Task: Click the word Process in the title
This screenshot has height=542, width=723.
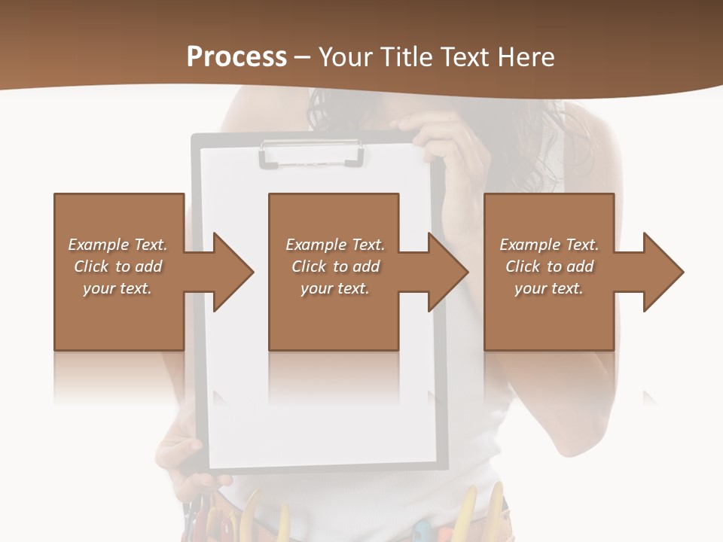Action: [236, 56]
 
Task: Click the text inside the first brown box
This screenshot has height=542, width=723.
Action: [117, 266]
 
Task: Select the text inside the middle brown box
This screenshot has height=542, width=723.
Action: [335, 266]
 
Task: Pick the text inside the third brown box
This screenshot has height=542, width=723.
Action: [549, 266]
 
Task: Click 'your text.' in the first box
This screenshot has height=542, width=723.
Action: [117, 288]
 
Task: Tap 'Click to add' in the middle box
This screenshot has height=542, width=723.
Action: [335, 266]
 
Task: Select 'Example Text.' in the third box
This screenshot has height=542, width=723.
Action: [549, 245]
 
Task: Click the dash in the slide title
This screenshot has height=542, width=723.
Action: [303, 56]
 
